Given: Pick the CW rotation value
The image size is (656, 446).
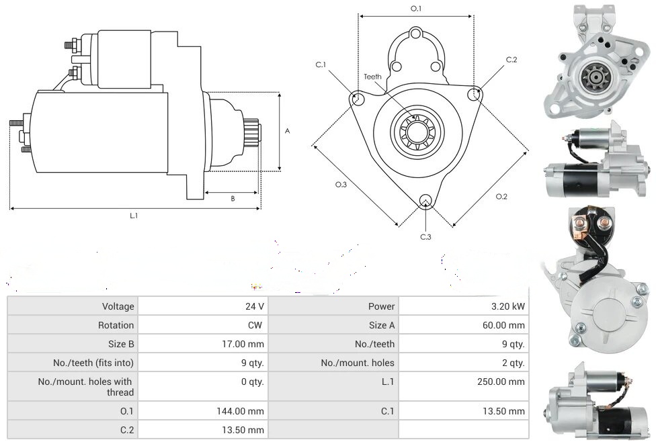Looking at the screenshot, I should tap(257, 325).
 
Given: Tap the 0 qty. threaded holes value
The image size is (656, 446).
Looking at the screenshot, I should tap(252, 382).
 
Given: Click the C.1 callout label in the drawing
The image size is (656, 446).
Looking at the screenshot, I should tap(321, 64).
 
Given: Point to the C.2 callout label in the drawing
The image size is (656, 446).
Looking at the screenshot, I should tap(511, 60).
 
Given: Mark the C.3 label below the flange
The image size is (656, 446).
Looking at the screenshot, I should tap(425, 236).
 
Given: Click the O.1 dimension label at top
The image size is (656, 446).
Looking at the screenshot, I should tap(416, 9).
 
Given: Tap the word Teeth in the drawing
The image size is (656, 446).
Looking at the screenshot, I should tap(372, 77).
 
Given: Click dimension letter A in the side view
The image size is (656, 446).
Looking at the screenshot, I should tap(287, 131).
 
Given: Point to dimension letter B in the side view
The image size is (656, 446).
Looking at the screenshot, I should tap(233, 198).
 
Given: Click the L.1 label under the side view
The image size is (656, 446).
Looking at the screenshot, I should tap(134, 216).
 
